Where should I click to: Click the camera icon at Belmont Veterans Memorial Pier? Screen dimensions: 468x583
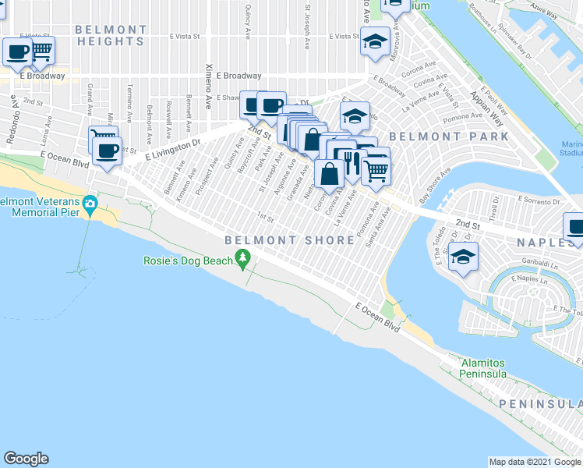coord(90,204)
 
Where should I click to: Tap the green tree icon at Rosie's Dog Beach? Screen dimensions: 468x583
coord(244,257)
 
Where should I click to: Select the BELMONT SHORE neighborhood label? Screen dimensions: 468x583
coord(290,240)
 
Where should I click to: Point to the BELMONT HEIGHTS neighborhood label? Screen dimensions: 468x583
coord(111,35)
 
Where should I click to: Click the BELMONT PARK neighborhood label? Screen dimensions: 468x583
coord(448,136)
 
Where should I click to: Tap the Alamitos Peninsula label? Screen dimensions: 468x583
coord(482,369)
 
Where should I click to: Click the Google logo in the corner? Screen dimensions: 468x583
coord(26,459)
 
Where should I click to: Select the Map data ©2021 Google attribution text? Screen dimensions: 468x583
coord(534,462)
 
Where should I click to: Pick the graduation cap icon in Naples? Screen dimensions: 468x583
coord(463,257)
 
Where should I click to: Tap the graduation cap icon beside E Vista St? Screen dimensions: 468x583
coord(375,40)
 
